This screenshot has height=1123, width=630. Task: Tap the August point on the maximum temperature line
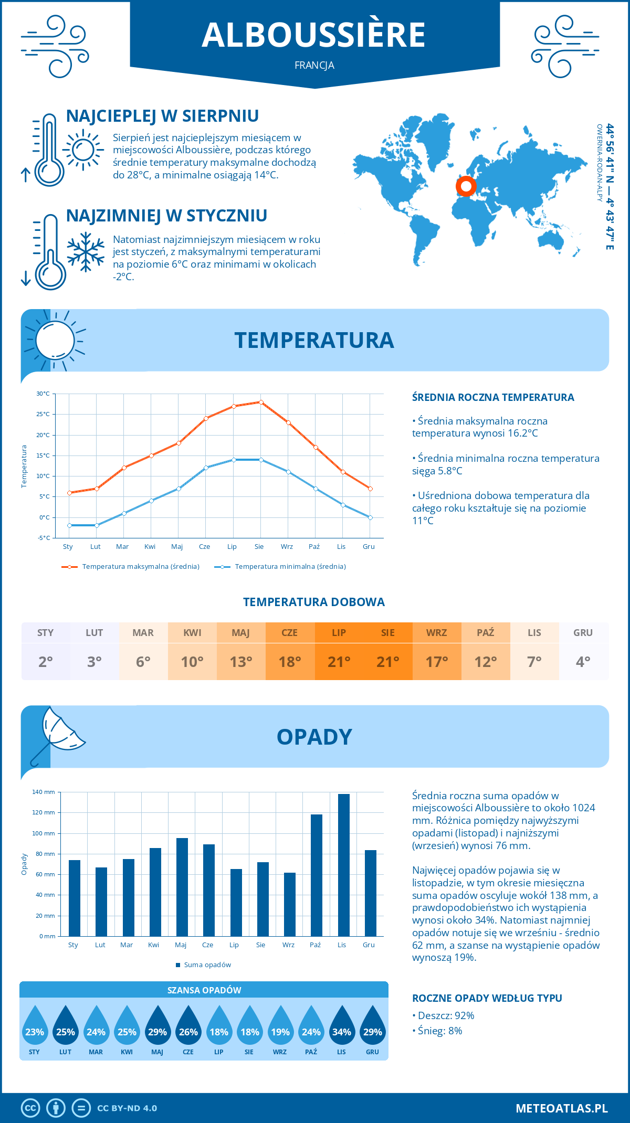(261, 402)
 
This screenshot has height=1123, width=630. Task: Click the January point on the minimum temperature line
(69, 525)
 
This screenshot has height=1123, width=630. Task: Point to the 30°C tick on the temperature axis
(43, 394)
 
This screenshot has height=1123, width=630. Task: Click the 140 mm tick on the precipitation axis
(44, 792)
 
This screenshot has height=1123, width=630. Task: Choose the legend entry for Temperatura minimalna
(280, 567)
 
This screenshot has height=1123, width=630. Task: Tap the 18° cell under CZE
(290, 662)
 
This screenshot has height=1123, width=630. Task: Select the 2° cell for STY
(46, 662)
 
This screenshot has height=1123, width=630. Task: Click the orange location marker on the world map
(466, 186)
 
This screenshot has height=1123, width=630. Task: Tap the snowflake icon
(86, 252)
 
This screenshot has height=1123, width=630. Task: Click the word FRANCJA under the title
(314, 66)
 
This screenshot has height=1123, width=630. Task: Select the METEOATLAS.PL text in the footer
(562, 1108)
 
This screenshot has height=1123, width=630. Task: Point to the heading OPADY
(314, 737)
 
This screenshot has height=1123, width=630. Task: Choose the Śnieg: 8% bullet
(437, 1031)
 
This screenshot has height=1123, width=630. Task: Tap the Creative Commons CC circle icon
(30, 1108)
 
